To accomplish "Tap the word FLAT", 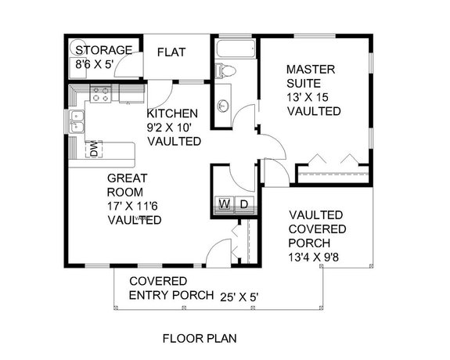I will pyautogui.click(x=171, y=52).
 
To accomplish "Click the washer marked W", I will pyautogui.click(x=223, y=205).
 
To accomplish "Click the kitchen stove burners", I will pyautogui.click(x=101, y=95).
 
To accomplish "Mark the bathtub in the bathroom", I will pyautogui.click(x=234, y=49).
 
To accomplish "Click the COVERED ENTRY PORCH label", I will pyautogui.click(x=171, y=288).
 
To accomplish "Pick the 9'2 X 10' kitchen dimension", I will pyautogui.click(x=174, y=127).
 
